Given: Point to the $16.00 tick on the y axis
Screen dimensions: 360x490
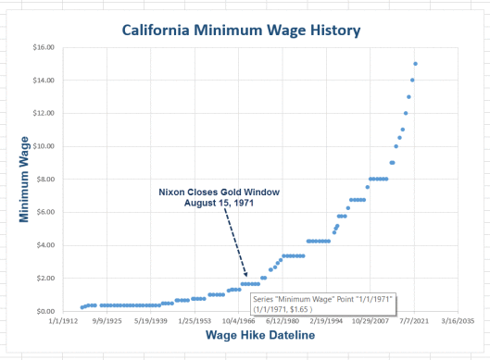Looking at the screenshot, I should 44,47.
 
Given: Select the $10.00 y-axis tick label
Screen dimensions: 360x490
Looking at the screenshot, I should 44,146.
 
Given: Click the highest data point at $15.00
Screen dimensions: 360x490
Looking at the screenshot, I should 416,64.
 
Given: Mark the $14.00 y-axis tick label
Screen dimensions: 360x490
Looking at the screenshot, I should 44,81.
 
